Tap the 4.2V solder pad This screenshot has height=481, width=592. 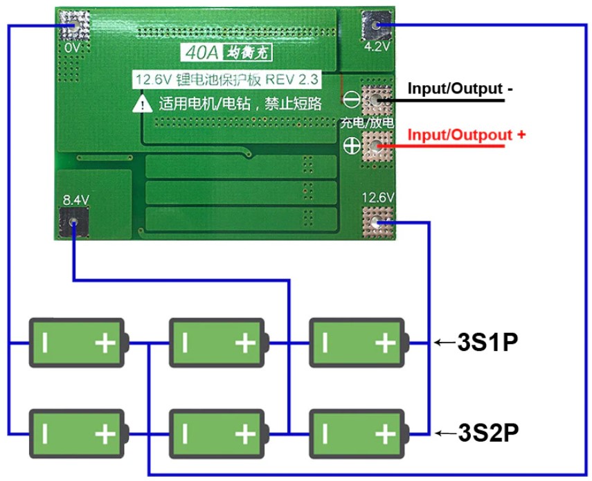point(376,26)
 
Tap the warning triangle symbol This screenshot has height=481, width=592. point(143,105)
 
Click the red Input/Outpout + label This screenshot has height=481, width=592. point(465,134)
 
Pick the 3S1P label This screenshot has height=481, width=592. point(488,343)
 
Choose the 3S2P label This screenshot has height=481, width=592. point(488,433)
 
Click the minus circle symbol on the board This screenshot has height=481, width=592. point(352,100)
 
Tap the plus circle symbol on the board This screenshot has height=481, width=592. point(352,146)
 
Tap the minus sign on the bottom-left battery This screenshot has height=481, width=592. point(45,434)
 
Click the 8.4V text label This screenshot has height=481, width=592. point(76,199)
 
